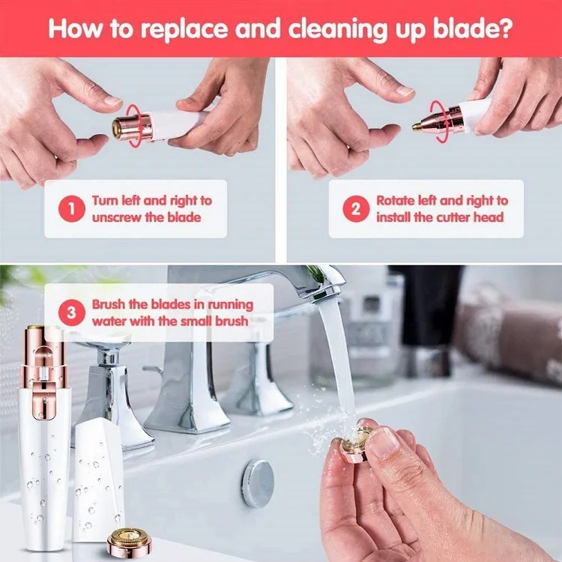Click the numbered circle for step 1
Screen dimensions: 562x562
click(72, 208)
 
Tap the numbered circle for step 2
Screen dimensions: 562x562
click(356, 208)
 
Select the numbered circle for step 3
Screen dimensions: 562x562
click(72, 312)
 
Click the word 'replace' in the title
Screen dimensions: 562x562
click(184, 29)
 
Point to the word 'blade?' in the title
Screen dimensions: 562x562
click(473, 28)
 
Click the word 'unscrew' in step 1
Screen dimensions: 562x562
click(116, 217)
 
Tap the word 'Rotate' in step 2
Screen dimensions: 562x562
click(396, 201)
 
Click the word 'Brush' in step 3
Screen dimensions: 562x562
click(109, 304)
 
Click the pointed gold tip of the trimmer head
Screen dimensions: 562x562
click(416, 127)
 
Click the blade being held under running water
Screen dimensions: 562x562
click(355, 444)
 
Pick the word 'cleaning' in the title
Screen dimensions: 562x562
click(338, 29)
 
